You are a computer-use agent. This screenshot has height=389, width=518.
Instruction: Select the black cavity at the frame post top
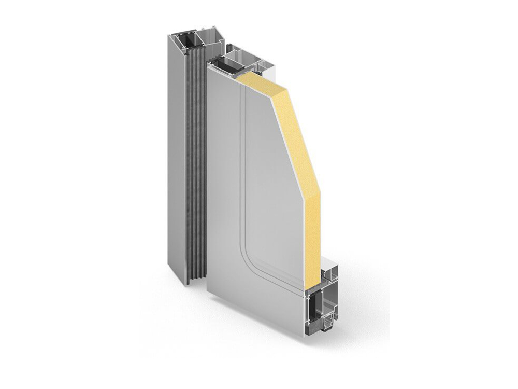[x=184, y=41]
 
